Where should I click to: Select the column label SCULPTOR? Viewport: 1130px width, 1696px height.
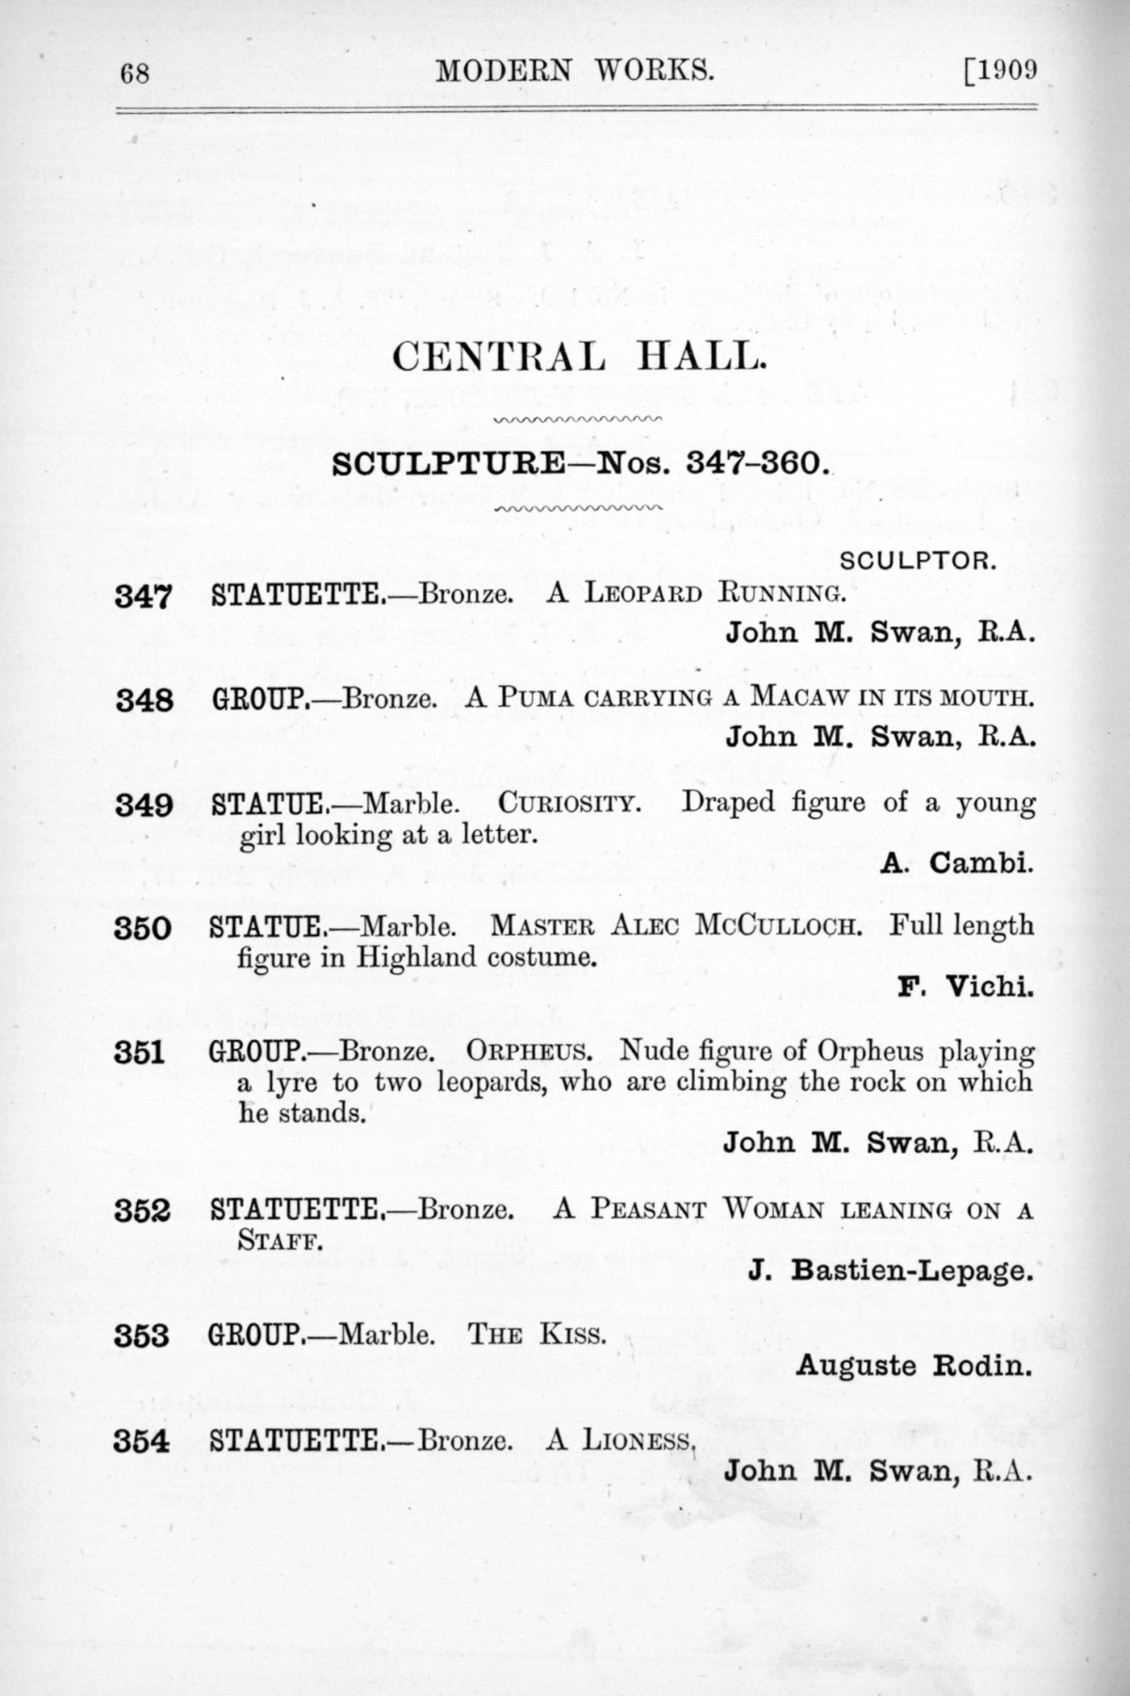click(x=916, y=562)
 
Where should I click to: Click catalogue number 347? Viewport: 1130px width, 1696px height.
click(x=142, y=597)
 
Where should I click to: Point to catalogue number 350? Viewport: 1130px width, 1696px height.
click(x=142, y=929)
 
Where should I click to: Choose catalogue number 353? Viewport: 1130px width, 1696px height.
click(x=142, y=1336)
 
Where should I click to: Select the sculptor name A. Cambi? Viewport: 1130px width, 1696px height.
click(x=957, y=862)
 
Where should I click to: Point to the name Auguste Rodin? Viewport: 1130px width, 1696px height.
click(x=912, y=1365)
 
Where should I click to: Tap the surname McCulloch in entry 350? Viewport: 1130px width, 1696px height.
click(x=778, y=926)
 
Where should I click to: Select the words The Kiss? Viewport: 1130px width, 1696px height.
click(x=537, y=1335)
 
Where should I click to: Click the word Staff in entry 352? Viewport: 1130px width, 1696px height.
click(x=279, y=1240)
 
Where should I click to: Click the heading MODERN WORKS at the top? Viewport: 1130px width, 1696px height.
click(x=573, y=72)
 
